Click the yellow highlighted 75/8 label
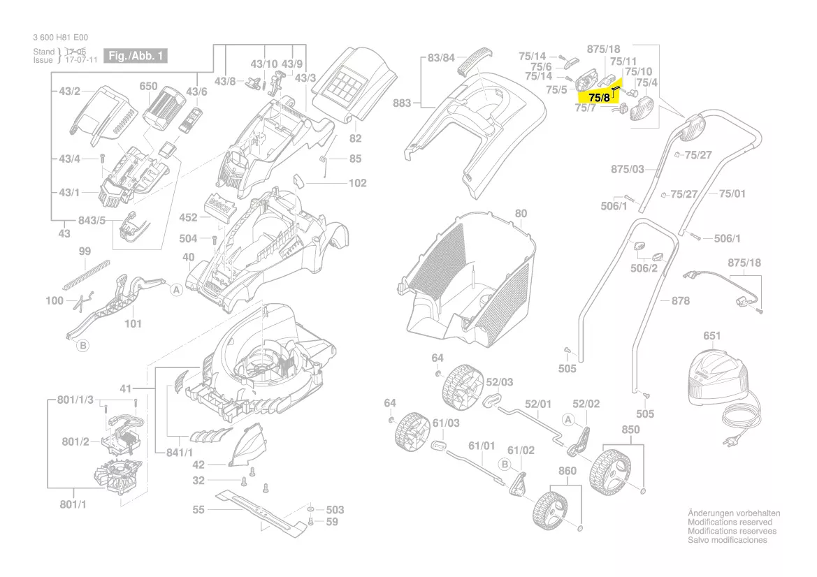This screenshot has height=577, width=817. pyautogui.click(x=600, y=98)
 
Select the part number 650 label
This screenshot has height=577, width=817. pyautogui.click(x=148, y=87)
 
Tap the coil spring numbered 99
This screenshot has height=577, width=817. pyautogui.click(x=87, y=274)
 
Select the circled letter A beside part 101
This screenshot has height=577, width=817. pyautogui.click(x=176, y=288)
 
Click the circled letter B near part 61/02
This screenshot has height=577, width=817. pyautogui.click(x=503, y=463)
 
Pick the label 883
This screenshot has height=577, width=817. pyautogui.click(x=402, y=104)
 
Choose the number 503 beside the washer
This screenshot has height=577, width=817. pyautogui.click(x=335, y=510)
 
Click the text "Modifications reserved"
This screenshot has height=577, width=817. pyautogui.click(x=730, y=523)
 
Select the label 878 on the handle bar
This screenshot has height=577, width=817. pyautogui.click(x=681, y=301)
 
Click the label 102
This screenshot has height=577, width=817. pyautogui.click(x=357, y=184)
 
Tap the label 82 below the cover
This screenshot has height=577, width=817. pyautogui.click(x=356, y=138)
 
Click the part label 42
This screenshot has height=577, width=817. pyautogui.click(x=198, y=465)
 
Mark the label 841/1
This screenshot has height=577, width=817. pyautogui.click(x=180, y=453)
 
